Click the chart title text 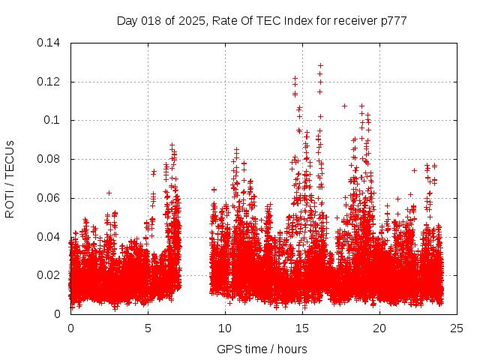pos(262,21)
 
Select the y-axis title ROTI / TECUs pos(10,178)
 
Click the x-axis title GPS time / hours pos(262,349)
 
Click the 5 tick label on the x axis pos(148,328)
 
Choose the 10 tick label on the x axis pos(225,328)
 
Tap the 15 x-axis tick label pos(302,328)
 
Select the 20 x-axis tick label pos(379,328)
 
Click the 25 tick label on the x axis pos(457,328)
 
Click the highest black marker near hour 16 pos(320,65)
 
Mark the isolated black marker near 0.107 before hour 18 pos(344,106)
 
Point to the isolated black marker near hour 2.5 pos(109,193)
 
